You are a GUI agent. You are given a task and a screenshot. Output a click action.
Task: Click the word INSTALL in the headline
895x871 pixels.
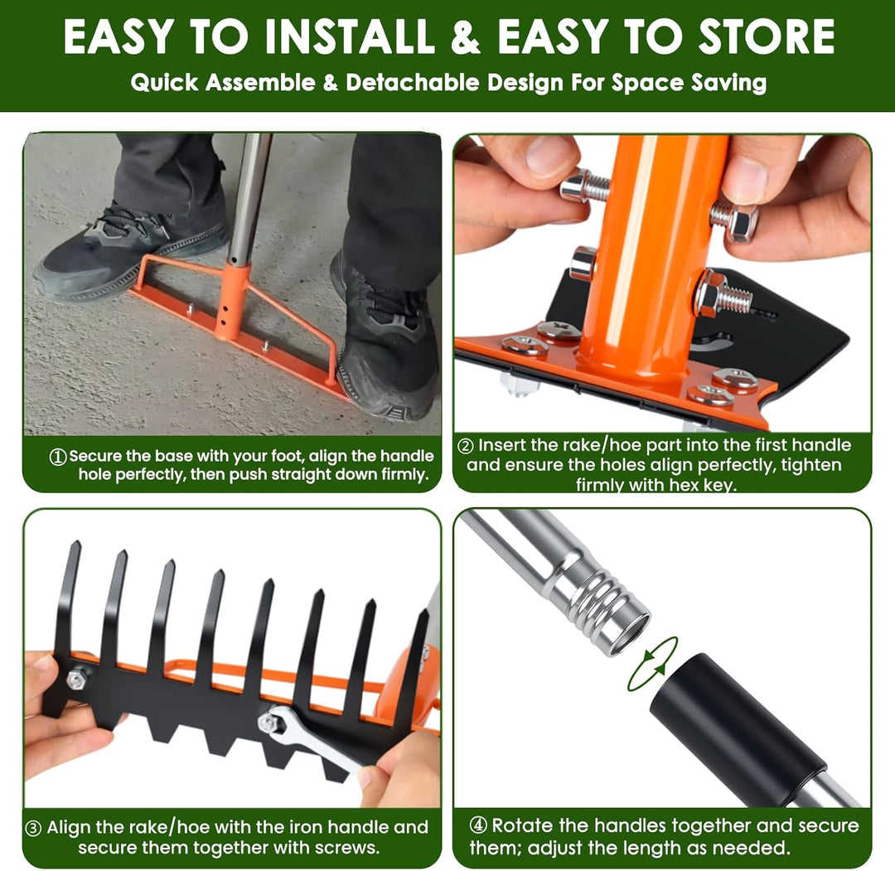tap(350, 36)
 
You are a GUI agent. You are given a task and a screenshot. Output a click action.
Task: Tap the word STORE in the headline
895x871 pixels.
tap(767, 36)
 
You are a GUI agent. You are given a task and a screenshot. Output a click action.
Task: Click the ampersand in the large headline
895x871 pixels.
tap(465, 36)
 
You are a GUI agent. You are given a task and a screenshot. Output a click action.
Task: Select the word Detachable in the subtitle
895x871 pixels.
tap(412, 83)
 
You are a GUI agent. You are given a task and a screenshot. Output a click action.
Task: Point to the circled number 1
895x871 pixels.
tap(58, 457)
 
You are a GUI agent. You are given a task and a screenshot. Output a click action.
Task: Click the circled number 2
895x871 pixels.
tap(466, 446)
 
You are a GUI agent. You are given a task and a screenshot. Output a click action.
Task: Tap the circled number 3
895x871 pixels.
tap(34, 828)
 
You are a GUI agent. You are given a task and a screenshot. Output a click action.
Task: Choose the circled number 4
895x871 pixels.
tap(478, 825)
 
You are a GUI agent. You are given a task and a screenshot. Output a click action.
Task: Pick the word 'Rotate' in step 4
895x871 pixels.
tap(522, 826)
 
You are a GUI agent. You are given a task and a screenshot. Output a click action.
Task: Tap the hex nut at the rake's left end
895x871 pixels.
tap(77, 680)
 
